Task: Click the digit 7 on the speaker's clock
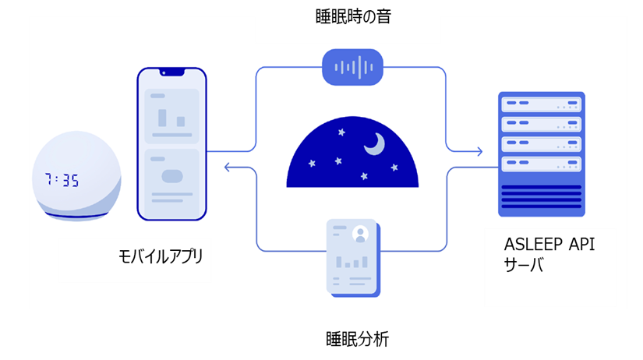(49, 180)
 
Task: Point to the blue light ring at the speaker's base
(76, 215)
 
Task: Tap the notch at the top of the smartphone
(172, 72)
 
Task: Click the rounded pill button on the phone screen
(172, 176)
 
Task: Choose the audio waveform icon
(352, 67)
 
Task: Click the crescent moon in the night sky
(375, 144)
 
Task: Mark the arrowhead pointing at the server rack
(479, 151)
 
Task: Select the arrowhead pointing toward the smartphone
(228, 167)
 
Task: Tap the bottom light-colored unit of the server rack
(542, 164)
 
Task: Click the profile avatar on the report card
(360, 233)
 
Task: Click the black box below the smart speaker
(135, 260)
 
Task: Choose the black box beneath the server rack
(550, 267)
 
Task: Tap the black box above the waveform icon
(348, 28)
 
